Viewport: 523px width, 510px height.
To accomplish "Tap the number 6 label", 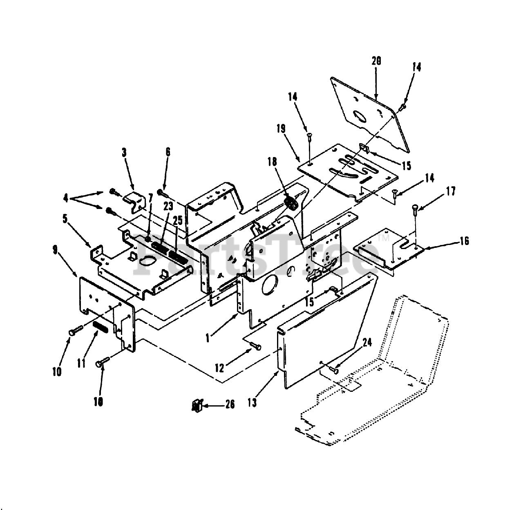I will click(x=168, y=153).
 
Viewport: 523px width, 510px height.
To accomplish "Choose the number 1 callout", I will click(x=208, y=338).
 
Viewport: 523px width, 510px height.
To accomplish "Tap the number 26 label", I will click(x=230, y=404).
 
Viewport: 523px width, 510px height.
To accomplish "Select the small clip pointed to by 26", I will click(x=197, y=405).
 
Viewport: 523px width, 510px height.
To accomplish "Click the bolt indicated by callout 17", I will click(x=415, y=208).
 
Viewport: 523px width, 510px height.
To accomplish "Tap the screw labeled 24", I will click(x=335, y=369).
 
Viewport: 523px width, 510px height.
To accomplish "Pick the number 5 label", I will click(x=65, y=218).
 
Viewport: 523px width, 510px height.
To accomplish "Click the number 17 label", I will click(x=451, y=191).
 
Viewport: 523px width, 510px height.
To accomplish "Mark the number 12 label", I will click(x=219, y=368).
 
